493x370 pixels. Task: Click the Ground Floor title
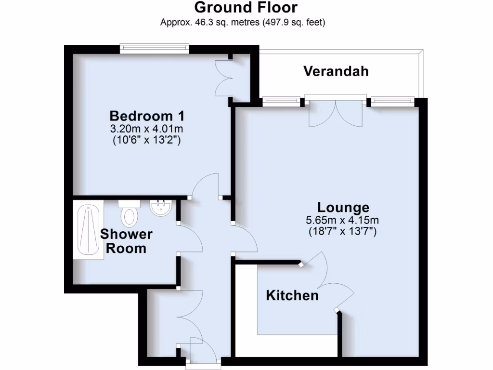click(x=246, y=8)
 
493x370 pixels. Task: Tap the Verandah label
click(x=336, y=71)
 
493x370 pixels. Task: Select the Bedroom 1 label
click(x=147, y=116)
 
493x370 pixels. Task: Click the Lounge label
click(x=343, y=208)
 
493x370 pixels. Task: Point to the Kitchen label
click(x=292, y=295)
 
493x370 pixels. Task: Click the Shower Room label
click(x=126, y=241)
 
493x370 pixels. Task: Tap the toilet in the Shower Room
click(x=130, y=214)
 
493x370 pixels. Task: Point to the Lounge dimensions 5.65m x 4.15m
click(x=343, y=221)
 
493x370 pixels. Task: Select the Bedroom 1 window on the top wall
click(x=154, y=48)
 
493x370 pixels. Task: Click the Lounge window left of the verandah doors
click(x=281, y=101)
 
